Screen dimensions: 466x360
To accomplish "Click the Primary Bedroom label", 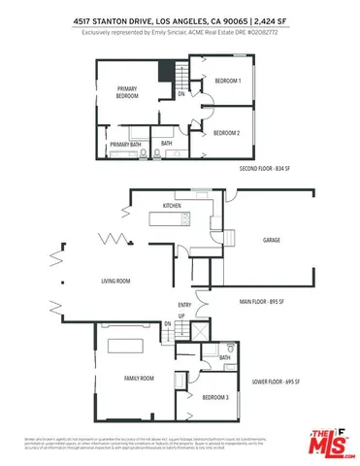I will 127,93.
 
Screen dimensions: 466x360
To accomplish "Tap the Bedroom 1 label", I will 227,82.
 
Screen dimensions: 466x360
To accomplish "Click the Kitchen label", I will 172,207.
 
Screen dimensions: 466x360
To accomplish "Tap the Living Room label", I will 115,282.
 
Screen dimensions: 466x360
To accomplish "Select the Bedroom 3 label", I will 215,398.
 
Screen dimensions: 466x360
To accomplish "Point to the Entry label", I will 183,304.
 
